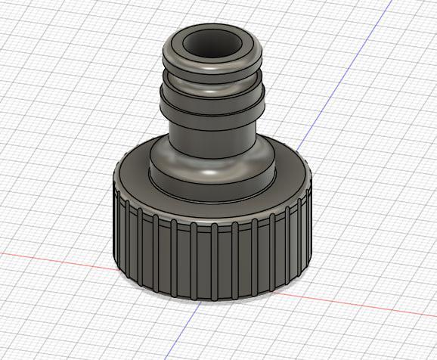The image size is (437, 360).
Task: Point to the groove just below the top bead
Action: (212, 82)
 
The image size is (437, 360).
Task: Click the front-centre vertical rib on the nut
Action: (214, 257)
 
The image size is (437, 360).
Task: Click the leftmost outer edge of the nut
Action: (112, 227)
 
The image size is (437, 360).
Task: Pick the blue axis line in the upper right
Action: (325, 106)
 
